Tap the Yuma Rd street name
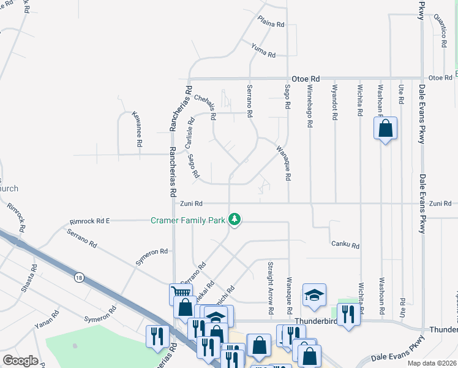point(263,50)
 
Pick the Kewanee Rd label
point(137,128)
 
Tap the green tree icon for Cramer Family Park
point(234,219)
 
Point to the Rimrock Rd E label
point(89,220)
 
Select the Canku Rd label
point(345,245)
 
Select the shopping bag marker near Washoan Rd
point(385,129)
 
